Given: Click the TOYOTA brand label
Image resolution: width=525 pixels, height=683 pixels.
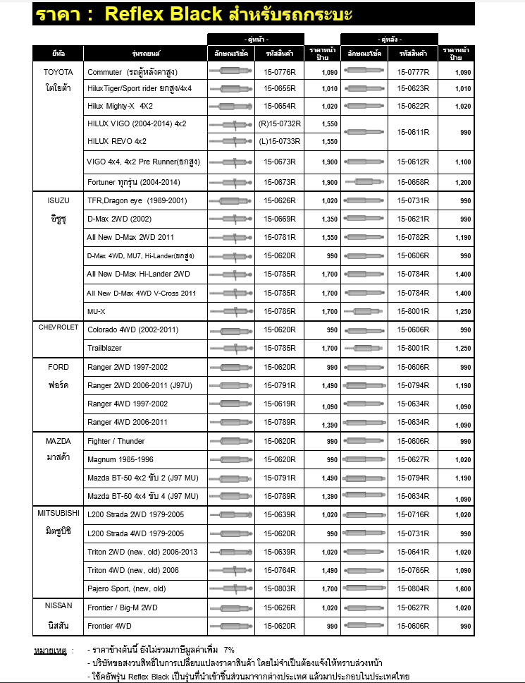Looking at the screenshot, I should coord(58,72).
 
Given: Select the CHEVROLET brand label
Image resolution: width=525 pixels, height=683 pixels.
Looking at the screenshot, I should coord(58,327).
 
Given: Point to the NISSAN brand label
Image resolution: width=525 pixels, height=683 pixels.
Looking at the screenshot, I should coord(58,605).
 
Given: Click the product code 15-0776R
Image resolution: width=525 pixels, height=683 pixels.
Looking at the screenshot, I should coord(280,72).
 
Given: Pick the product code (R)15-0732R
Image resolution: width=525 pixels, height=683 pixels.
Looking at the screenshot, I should coord(280,123).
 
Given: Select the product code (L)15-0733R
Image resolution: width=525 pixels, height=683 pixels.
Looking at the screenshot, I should coord(280,141).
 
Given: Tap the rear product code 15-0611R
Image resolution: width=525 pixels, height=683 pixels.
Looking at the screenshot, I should coord(413,132).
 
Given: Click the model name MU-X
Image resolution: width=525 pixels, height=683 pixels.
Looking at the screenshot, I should coord(97,310).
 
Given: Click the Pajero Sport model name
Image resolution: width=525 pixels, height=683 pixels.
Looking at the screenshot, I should coord(127,588).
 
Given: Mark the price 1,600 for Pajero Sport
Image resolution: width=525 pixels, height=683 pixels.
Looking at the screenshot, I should coord(462,589).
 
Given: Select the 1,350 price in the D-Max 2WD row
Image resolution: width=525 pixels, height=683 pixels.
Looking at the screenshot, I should coord(329,220).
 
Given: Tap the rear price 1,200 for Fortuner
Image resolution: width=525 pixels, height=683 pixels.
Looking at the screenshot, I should coord(462,182).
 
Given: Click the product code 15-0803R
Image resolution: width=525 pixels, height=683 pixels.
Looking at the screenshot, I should coord(280,588).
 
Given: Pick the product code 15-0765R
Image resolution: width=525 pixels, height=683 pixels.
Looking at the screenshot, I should coord(413,569).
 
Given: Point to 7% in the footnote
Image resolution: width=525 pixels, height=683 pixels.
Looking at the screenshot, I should coord(229,649).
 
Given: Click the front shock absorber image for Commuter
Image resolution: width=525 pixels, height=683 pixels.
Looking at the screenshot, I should coord(230,72).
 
